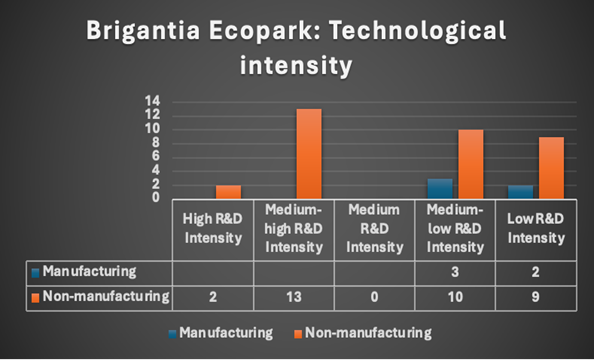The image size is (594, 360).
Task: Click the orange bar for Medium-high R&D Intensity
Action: click(309, 153)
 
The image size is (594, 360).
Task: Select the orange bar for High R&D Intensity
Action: click(228, 191)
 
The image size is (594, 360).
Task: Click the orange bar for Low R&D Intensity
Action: click(551, 167)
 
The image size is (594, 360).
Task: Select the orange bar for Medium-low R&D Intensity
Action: click(470, 164)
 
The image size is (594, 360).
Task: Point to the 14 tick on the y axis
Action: click(153, 101)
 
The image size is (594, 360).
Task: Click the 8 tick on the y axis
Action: click(156, 142)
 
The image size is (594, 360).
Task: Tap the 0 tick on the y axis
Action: click(156, 197)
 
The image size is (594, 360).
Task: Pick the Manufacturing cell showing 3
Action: click(455, 271)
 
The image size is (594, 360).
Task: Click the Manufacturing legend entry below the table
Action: click(233, 332)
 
